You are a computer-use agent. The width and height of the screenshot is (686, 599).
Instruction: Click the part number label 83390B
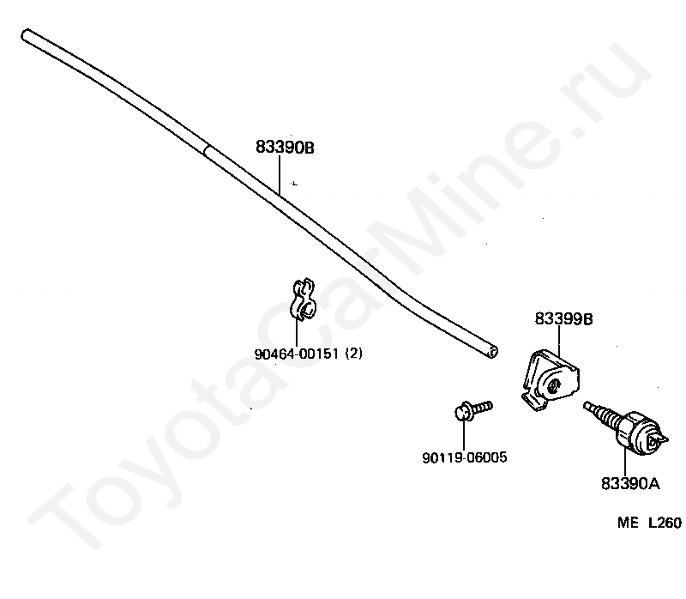pos(285,148)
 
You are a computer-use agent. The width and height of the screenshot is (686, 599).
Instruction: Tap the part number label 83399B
pos(563,319)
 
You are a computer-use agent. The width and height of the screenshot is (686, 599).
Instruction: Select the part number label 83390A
pos(629,483)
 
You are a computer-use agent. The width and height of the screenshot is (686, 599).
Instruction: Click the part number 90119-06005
pos(464,457)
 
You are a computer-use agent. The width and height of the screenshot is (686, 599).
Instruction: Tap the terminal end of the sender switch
pos(656,439)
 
